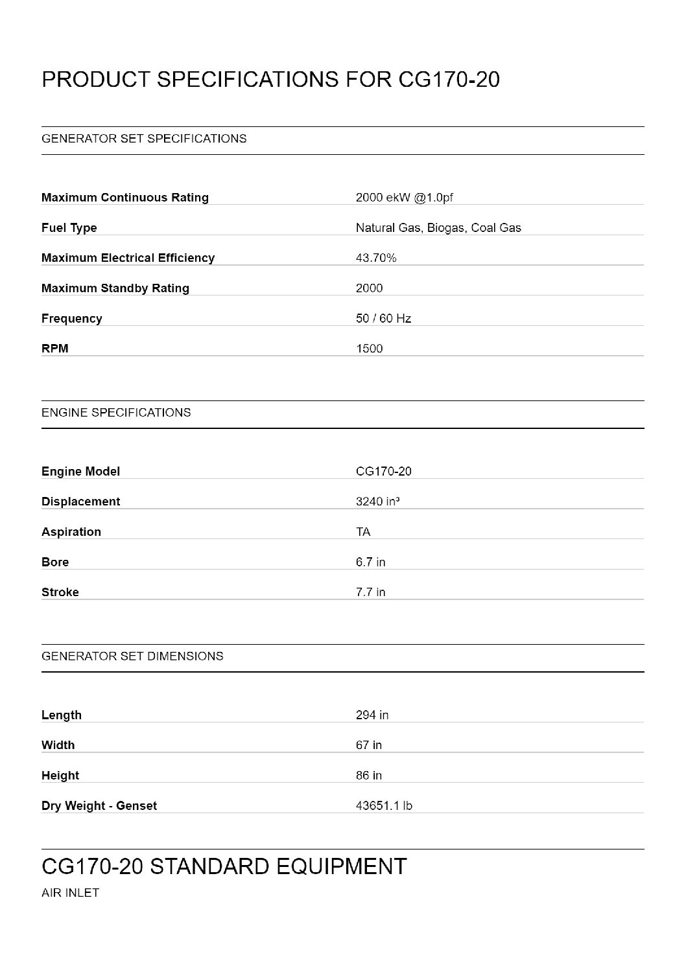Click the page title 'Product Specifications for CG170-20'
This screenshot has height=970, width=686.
(x=270, y=80)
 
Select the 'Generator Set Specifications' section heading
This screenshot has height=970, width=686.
(x=144, y=139)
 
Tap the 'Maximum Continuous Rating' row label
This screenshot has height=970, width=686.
(x=125, y=198)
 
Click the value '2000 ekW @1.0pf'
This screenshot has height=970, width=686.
(x=404, y=198)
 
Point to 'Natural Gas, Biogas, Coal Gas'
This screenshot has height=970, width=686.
(x=438, y=228)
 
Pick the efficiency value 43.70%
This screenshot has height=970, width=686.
(x=376, y=258)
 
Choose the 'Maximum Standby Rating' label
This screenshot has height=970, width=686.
(x=115, y=288)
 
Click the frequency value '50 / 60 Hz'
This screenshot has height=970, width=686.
(x=383, y=319)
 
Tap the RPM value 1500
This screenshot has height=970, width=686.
(x=370, y=349)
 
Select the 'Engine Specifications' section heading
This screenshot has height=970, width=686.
(x=116, y=413)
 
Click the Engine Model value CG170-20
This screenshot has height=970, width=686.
(x=383, y=472)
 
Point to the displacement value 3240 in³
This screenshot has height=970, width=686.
(x=377, y=502)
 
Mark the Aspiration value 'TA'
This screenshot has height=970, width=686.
(x=363, y=532)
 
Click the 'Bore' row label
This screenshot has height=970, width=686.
(x=55, y=562)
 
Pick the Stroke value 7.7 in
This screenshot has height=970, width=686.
(x=370, y=592)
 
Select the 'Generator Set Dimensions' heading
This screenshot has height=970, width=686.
(x=132, y=656)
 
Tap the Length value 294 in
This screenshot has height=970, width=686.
(x=372, y=715)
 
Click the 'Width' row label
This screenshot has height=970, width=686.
(x=58, y=745)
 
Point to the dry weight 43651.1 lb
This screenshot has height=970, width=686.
(x=384, y=806)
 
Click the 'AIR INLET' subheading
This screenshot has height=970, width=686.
(x=70, y=893)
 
